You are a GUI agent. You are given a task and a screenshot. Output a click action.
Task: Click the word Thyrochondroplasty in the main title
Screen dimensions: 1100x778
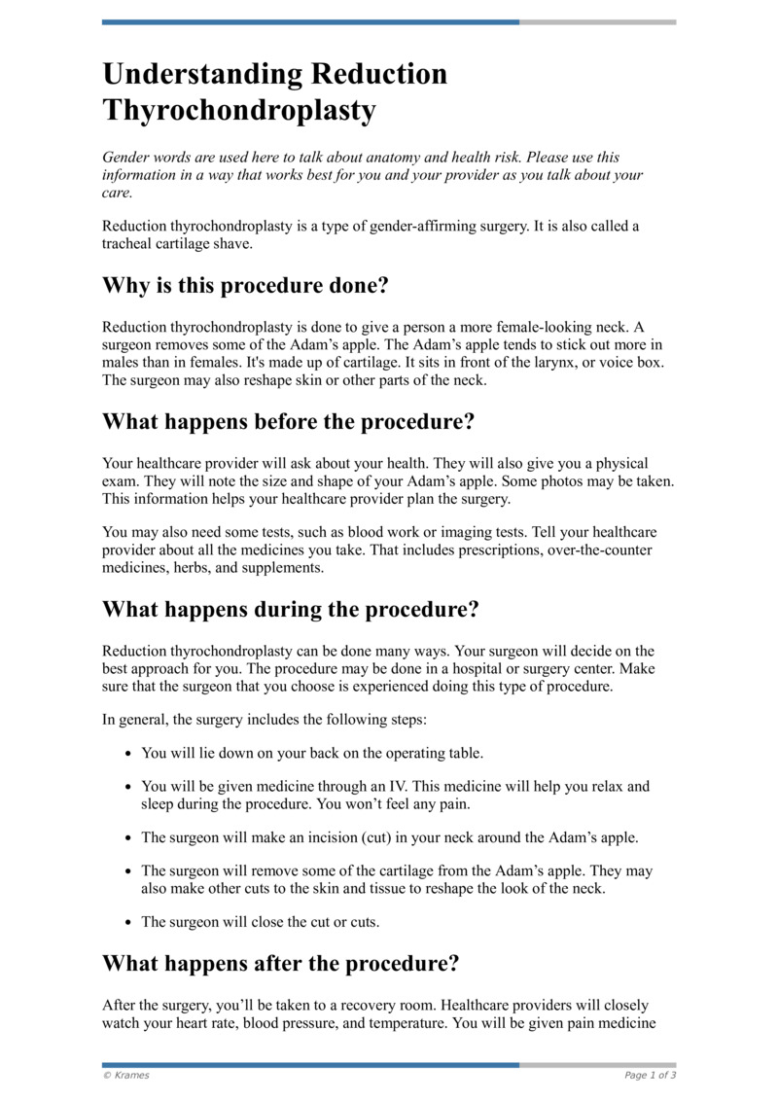(239, 111)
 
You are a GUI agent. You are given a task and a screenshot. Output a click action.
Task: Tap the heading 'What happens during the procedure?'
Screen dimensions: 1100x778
(291, 610)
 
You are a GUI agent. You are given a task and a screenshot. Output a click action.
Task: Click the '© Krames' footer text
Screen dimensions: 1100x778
(126, 1075)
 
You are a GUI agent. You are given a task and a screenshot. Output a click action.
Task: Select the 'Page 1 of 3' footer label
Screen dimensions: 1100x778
(650, 1075)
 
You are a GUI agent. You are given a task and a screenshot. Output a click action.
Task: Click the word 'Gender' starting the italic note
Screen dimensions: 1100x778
(126, 158)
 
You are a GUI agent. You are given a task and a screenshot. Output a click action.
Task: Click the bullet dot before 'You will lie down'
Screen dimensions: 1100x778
(129, 754)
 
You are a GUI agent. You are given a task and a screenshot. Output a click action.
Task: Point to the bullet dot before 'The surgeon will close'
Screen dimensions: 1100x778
(129, 922)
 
